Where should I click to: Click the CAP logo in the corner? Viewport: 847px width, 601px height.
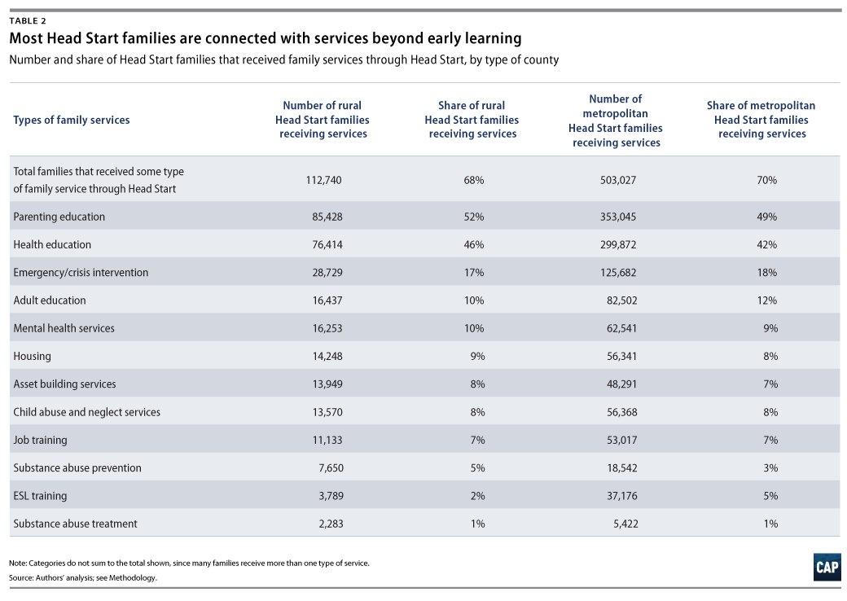point(827,567)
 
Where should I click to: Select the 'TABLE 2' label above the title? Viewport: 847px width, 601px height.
point(28,21)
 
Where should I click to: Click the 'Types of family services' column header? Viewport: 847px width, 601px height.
point(72,120)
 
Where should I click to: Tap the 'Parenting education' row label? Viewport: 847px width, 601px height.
point(59,217)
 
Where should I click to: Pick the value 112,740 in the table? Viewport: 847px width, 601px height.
point(323,180)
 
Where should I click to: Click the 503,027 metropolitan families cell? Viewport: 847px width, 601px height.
point(618,180)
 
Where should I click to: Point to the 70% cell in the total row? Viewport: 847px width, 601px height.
point(766,180)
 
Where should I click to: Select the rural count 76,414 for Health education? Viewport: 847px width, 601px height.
point(327,244)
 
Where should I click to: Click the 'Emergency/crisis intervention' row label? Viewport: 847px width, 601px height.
point(81,272)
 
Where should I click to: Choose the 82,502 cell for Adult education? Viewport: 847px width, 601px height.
point(621,300)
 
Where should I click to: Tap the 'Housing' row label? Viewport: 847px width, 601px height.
point(32,357)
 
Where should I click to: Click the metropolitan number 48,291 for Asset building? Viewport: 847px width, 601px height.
point(621,384)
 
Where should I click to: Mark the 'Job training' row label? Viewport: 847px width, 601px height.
point(40,440)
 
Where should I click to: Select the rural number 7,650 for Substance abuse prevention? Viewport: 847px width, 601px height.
point(331,467)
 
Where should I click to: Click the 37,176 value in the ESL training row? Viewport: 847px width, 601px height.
point(621,496)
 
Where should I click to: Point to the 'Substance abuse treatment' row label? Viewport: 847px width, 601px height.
point(75,524)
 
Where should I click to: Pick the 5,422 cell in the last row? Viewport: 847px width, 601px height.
point(625,524)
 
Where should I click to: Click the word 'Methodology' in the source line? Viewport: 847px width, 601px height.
point(132,577)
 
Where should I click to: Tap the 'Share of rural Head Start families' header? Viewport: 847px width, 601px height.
point(472,113)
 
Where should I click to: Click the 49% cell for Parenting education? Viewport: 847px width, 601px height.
point(766,217)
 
